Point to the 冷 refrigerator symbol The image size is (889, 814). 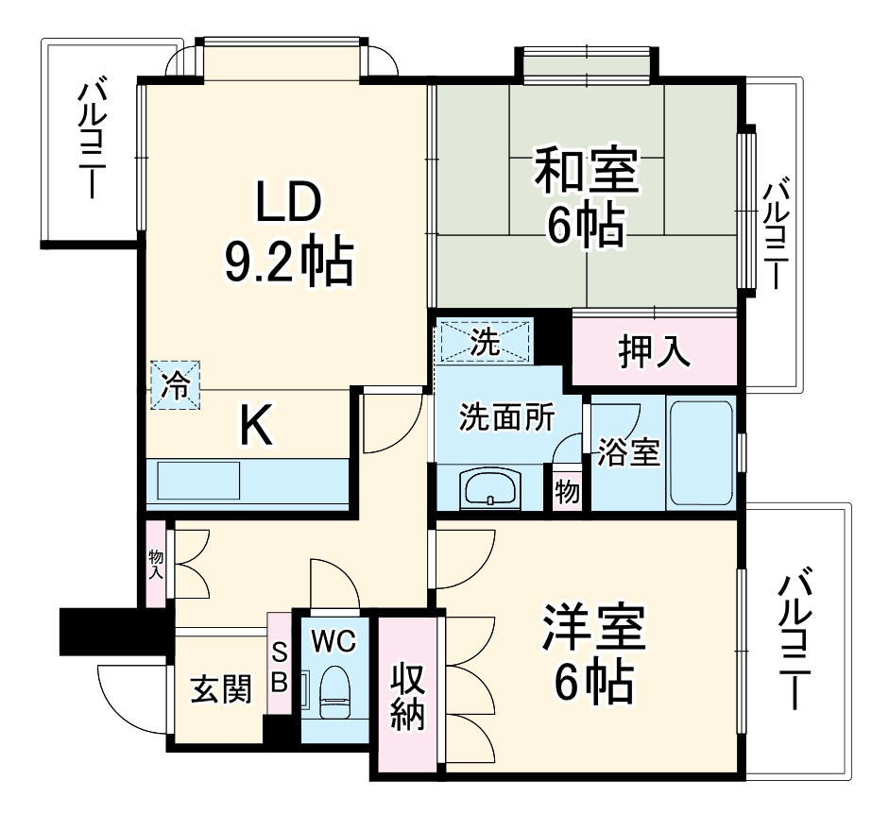(x=176, y=384)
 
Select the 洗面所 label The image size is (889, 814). (x=507, y=415)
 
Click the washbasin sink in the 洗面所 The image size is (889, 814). (x=488, y=490)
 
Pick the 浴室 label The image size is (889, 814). (x=627, y=452)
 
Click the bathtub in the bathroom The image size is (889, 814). (x=700, y=455)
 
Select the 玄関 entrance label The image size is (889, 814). (x=221, y=691)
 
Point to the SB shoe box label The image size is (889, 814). (x=280, y=667)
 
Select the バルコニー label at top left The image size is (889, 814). (x=93, y=140)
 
